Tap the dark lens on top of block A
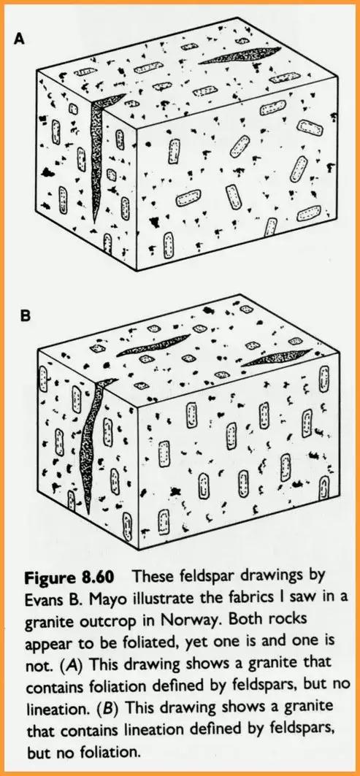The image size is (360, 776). point(240,56)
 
